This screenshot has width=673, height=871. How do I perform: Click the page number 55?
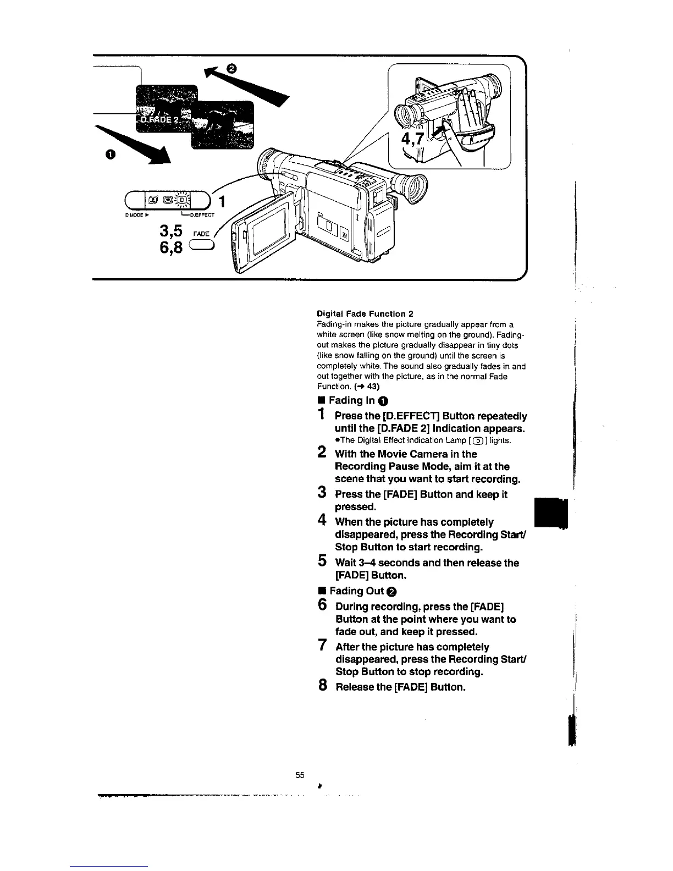300,775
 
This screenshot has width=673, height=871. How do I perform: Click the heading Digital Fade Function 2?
365,313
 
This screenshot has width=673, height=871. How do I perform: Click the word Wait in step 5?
346,563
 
